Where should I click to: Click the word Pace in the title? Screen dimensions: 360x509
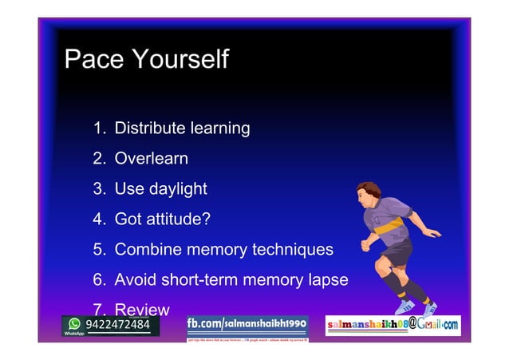(93, 59)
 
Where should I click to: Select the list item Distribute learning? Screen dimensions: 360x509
(182, 128)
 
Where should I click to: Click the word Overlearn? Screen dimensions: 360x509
(152, 158)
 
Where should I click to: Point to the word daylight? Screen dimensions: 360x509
(176, 189)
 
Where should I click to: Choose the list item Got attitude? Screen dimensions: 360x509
(163, 219)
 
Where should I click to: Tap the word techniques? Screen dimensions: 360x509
(293, 249)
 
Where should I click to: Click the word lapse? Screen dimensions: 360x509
(328, 280)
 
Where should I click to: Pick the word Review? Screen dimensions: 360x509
(142, 310)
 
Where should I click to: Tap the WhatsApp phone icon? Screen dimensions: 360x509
(74, 324)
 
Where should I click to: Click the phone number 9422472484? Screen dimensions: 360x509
(117, 325)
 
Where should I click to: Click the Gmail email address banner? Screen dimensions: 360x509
(392, 326)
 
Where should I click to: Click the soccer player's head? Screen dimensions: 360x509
(369, 192)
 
